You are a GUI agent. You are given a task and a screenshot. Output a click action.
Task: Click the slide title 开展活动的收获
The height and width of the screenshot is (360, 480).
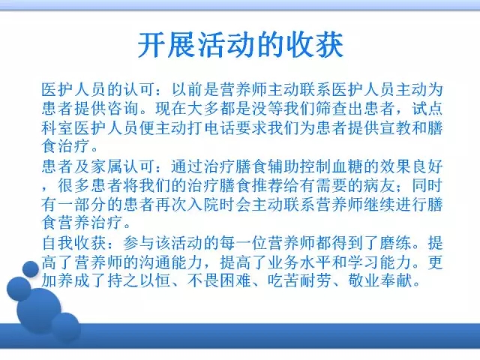pos(240,45)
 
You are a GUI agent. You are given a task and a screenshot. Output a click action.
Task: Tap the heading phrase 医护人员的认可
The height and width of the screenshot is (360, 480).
pos(97,89)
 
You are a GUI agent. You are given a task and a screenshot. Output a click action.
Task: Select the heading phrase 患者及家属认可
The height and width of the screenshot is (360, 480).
pos(97,166)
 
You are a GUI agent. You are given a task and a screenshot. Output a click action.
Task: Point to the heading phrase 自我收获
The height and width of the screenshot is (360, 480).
pos(73,243)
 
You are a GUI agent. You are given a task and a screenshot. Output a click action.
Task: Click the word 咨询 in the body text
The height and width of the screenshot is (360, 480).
pos(121,108)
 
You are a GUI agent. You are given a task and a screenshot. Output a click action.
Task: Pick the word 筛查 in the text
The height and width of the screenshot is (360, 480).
pos(331,108)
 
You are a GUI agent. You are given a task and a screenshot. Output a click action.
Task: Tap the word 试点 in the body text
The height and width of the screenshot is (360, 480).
pos(427,108)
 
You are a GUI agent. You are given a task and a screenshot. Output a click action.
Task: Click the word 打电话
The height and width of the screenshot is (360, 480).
pos(210,127)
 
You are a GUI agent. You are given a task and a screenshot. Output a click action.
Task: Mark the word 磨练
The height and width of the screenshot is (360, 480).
pos(395,243)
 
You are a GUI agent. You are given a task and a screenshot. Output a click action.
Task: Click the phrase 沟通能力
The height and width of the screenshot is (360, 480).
pos(170,262)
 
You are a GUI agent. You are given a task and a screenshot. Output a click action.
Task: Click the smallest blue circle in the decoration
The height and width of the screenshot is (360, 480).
pos(31,269)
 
